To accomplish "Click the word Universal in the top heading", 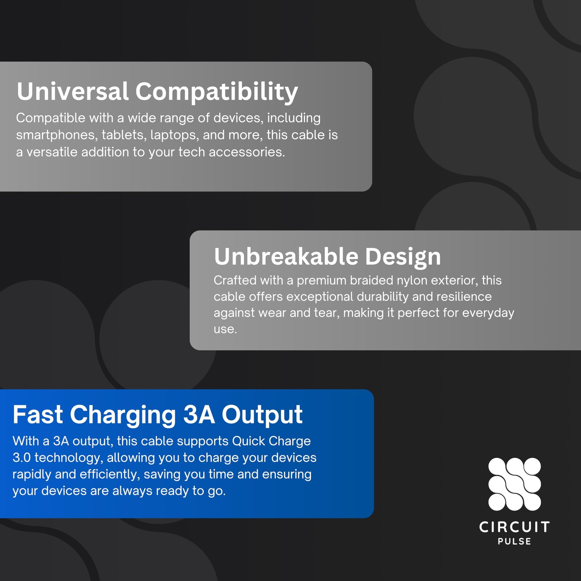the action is pos(73,91).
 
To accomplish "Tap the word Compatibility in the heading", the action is pos(216,93).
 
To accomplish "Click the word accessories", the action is pos(247,152).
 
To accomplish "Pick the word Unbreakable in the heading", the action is pos(286,256).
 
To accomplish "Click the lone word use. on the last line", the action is pos(225,329).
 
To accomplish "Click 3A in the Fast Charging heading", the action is pos(199,414).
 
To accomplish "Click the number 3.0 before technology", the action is pos(22,458).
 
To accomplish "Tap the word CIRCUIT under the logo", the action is pos(514,527).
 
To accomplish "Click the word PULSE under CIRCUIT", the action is pos(514,542).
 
